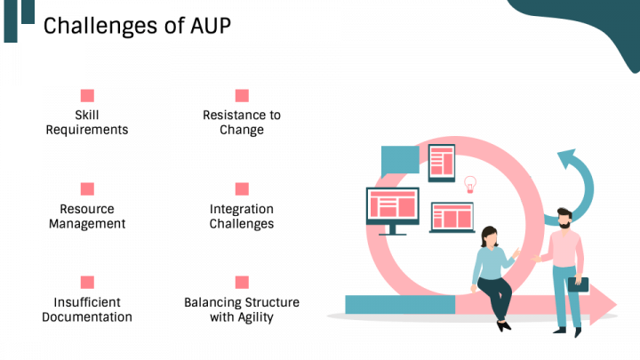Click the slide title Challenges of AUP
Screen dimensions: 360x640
pos(137,26)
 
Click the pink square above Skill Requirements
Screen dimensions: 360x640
pos(87,95)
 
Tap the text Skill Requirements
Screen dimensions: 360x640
pos(87,123)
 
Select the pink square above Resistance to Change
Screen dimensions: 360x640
pos(242,95)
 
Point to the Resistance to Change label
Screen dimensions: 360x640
pos(242,123)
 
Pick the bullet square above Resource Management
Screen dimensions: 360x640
pos(87,188)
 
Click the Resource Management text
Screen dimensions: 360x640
pos(87,216)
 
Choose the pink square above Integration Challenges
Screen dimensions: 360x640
pos(242,188)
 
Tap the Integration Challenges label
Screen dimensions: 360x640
pos(242,216)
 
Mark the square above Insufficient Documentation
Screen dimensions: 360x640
pos(87,282)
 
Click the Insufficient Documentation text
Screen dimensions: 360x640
pos(87,309)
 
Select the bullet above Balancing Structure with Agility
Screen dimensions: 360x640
pos(242,282)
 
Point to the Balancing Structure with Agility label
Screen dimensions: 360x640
pos(242,309)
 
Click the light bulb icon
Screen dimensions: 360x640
pos(470,184)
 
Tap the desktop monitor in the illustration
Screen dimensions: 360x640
pos(392,208)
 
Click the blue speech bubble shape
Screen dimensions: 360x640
pos(399,159)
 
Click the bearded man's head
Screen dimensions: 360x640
pos(563,219)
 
